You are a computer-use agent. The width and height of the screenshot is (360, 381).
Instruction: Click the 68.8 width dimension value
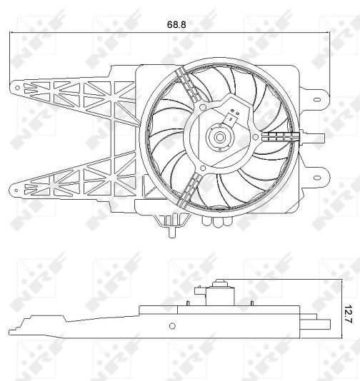176,24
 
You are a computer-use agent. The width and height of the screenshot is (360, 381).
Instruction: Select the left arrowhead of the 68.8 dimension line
13,33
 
